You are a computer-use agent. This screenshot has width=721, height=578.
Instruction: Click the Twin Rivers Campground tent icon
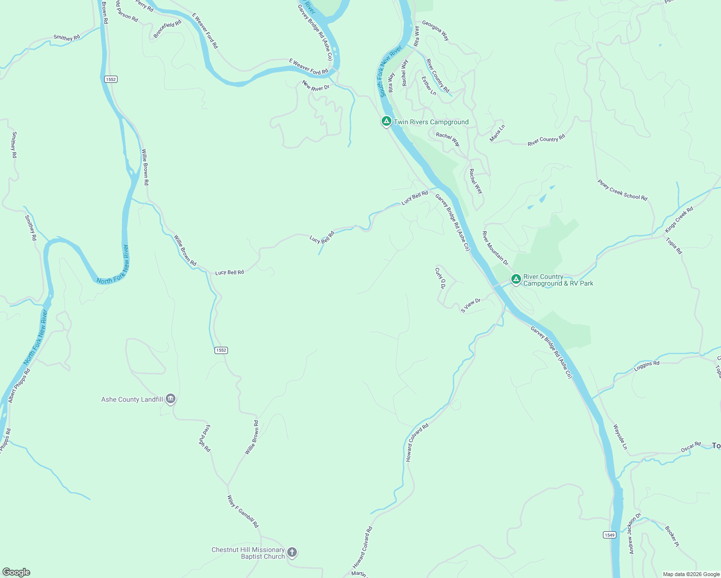coord(386,121)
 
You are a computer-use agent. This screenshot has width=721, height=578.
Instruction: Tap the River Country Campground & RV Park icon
coord(516,279)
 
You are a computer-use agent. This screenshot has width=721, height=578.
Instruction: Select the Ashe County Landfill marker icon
coord(171,399)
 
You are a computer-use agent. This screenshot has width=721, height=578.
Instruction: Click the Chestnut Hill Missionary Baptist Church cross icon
coord(292,552)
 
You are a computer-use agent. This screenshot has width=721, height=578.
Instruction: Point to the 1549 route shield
coord(609,535)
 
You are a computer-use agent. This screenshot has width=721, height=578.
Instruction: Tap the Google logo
coord(16,572)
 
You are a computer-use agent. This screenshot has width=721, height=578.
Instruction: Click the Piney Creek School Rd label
coord(622,190)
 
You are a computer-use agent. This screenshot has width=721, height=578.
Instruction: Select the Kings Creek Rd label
coord(679,219)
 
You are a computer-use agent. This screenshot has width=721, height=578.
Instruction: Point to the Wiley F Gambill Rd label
coord(243,511)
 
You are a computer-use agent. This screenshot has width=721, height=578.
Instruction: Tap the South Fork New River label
coord(390,71)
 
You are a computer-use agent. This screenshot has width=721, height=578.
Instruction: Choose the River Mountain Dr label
coord(495,248)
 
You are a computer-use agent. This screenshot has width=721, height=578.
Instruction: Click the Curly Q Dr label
coord(440,278)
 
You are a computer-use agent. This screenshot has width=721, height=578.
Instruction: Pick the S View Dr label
coord(470,305)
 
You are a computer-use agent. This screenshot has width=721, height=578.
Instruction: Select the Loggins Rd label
coord(646,366)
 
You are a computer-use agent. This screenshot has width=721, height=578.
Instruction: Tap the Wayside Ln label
coord(620,437)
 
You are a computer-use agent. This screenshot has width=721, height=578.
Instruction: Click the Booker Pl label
coord(672,536)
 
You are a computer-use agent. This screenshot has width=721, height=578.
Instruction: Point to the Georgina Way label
coord(436,30)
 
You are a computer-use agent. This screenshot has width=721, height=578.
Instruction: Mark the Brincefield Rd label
coord(167,29)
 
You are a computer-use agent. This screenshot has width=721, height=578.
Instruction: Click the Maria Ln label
coord(497,133)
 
